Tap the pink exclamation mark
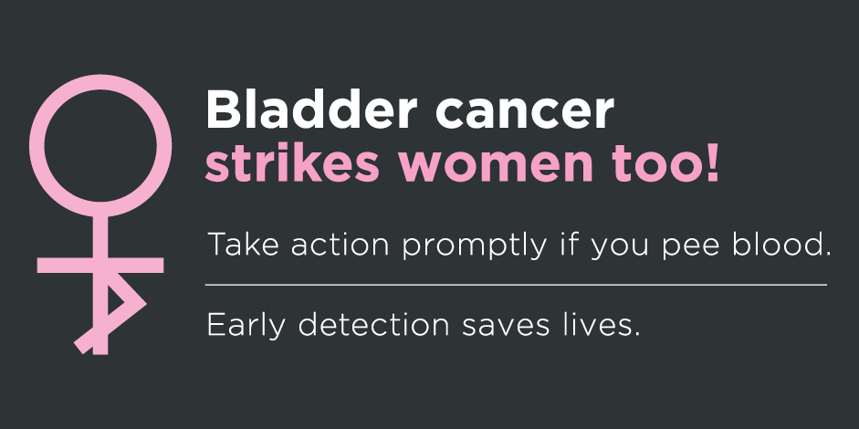coord(711,162)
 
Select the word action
coord(340,245)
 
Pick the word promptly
coord(475,246)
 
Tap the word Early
coord(246,326)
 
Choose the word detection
coord(373,324)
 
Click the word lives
coord(602,324)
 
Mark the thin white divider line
coord(516,285)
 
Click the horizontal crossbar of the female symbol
coord(100,266)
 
